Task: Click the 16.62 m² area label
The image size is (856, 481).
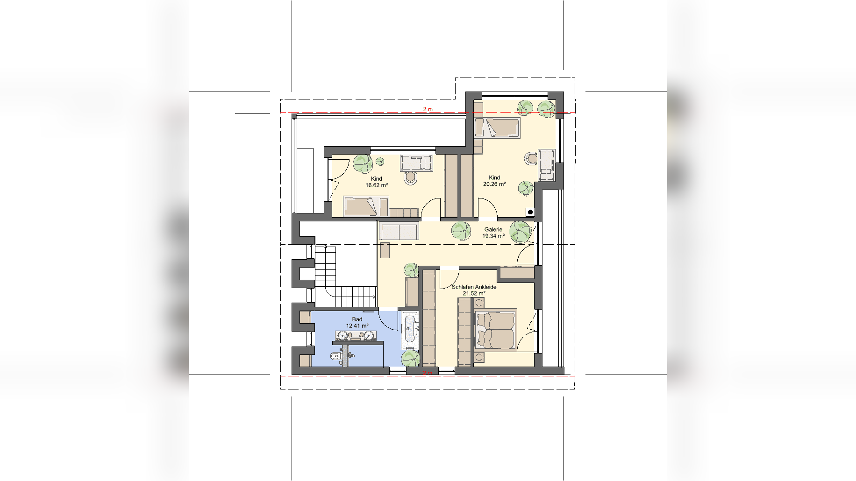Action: tap(377, 185)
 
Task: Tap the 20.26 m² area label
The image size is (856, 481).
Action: tap(494, 184)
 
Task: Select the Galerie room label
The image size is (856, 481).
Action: tap(493, 229)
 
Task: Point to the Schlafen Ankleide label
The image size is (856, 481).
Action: tap(474, 287)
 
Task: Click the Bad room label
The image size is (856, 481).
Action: tap(357, 319)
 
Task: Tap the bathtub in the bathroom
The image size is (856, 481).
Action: tap(410, 331)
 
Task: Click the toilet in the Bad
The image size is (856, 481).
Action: tap(336, 357)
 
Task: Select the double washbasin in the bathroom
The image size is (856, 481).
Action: tap(356, 335)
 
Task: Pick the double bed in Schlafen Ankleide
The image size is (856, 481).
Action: tap(495, 330)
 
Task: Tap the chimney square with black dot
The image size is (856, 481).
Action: tap(530, 212)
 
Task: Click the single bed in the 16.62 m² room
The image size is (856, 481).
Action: tap(366, 206)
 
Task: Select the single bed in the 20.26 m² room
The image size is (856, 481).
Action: tap(497, 128)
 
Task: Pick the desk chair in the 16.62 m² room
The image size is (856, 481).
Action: tap(411, 178)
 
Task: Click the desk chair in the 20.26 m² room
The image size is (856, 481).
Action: tap(531, 159)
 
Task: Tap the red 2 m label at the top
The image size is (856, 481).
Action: tap(428, 109)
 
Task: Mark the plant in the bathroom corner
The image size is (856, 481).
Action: tap(410, 358)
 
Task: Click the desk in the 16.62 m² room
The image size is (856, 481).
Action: tap(417, 162)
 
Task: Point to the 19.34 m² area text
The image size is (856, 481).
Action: tap(493, 236)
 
